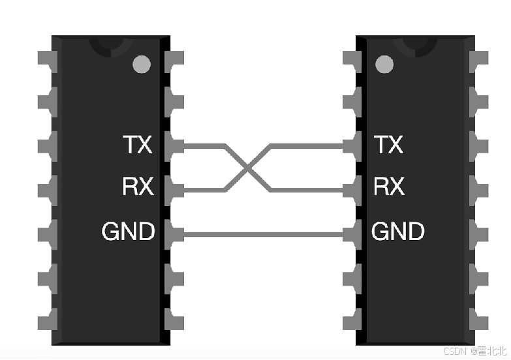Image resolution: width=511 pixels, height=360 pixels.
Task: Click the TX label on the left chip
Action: (x=137, y=144)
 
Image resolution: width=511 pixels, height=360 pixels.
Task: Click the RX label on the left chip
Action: (x=137, y=187)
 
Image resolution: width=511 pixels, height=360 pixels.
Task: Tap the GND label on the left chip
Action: (x=128, y=231)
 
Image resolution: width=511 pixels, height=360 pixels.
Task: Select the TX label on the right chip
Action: (x=389, y=144)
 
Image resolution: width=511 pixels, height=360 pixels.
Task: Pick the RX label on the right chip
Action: (x=389, y=187)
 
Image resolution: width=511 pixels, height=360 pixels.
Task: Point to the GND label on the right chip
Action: (x=398, y=231)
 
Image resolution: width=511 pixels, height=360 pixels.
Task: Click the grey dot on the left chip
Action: (x=141, y=64)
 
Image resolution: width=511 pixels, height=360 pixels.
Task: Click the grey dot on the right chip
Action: (x=385, y=64)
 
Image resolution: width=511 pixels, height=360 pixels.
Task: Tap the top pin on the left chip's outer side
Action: (x=47, y=59)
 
